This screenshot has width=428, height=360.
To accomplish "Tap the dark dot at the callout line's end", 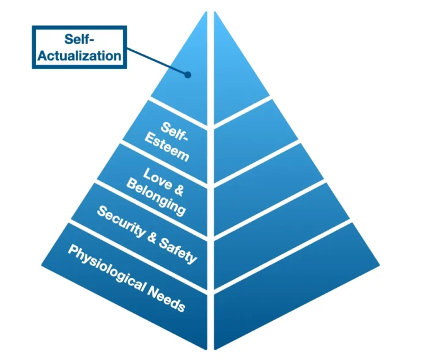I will (188, 75).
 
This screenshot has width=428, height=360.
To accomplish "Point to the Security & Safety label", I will (147, 234).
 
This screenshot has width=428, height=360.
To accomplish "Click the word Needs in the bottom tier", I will (166, 297).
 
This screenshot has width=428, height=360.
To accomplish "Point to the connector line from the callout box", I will (156, 63).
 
